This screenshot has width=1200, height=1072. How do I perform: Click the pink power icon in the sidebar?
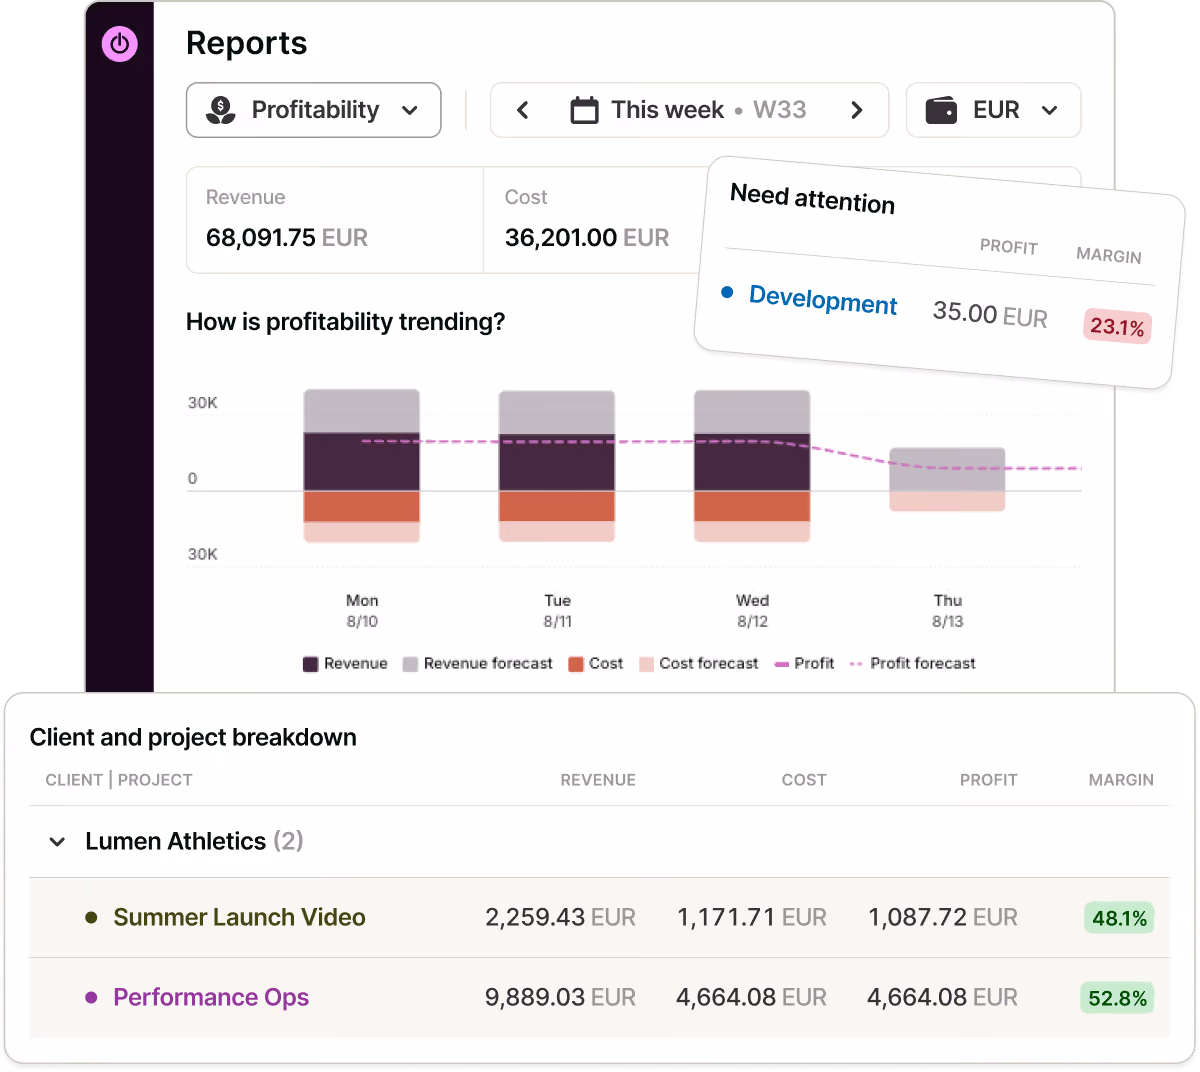pos(120,44)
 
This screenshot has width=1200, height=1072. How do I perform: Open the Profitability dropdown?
pos(313,110)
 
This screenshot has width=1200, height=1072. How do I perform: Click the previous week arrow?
pos(522,110)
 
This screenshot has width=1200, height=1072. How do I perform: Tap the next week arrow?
pos(856,110)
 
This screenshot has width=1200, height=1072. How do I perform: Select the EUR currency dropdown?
pos(993,110)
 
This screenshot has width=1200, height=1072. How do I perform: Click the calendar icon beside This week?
pos(584,110)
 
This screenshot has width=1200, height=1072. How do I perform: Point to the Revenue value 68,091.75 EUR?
pos(287,237)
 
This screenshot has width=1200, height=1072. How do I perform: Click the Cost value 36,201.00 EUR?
pos(586,237)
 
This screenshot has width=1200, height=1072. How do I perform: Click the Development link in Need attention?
pos(823,299)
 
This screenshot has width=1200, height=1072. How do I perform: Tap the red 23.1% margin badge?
pos(1117,326)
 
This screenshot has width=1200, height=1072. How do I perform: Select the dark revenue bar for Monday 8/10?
pos(361,462)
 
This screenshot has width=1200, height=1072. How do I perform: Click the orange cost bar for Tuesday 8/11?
pos(557,506)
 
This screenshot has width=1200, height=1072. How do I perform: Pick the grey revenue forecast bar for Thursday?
pos(947,469)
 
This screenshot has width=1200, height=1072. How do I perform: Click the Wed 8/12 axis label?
pos(752,611)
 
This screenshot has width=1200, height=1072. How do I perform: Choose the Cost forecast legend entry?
pos(699,663)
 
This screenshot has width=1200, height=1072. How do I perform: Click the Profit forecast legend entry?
pos(913,663)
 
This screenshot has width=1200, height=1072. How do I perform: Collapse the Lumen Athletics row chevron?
pos(57,842)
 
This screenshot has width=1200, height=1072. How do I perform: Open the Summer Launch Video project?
pos(239,917)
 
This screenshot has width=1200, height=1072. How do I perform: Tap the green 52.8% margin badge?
pos(1117,999)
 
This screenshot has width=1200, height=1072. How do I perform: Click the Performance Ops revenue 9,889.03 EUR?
pos(560,997)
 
